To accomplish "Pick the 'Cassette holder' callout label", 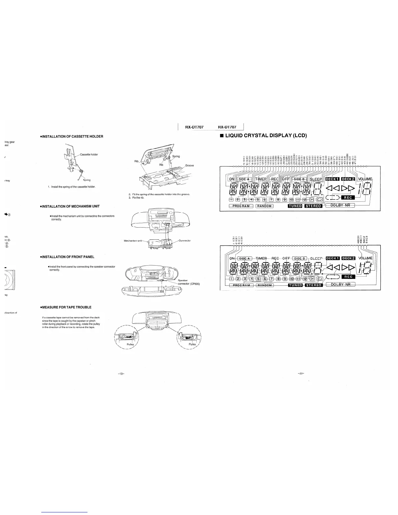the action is point(89,154).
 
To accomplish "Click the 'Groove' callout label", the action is point(189,165).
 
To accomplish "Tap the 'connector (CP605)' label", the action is point(189,284).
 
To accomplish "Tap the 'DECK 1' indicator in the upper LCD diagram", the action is point(333,179).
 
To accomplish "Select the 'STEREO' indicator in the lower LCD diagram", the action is point(313,285).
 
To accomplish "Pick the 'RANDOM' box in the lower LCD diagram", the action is point(265,285).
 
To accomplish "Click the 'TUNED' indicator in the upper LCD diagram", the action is point(295,206).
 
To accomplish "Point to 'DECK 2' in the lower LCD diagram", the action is point(348,258).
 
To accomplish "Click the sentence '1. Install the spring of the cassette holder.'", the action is point(72,187).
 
